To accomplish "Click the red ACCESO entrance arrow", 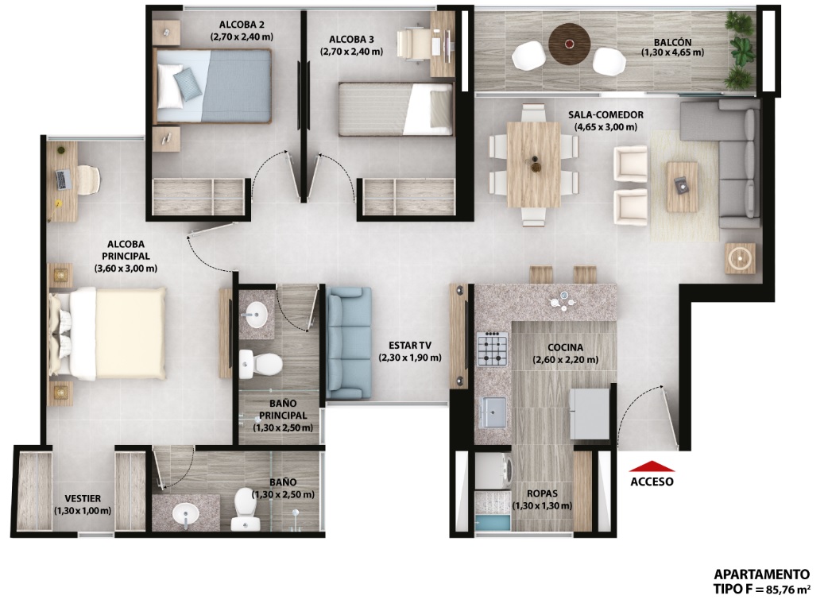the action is tap(652, 466).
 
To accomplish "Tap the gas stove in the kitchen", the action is tap(492, 349).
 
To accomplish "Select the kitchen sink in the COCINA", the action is tap(493, 412).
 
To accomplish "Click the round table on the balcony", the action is tap(569, 44).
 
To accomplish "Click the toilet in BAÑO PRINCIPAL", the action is tap(261, 364).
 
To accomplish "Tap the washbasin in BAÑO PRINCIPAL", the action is tap(257, 315).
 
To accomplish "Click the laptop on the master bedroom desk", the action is tap(64, 180).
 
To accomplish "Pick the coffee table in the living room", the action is tap(683, 187).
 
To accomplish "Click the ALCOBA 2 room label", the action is tap(242, 25).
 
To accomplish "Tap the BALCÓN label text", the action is tap(672, 42).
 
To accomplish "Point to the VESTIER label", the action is tap(83, 498).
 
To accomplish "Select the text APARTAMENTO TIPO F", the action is tap(761, 581).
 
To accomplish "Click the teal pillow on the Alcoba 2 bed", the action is tap(188, 84).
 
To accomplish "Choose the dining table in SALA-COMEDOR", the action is tap(534, 164).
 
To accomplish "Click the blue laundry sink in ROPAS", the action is tap(493, 523).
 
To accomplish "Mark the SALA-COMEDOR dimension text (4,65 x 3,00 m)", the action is tap(606, 127).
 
